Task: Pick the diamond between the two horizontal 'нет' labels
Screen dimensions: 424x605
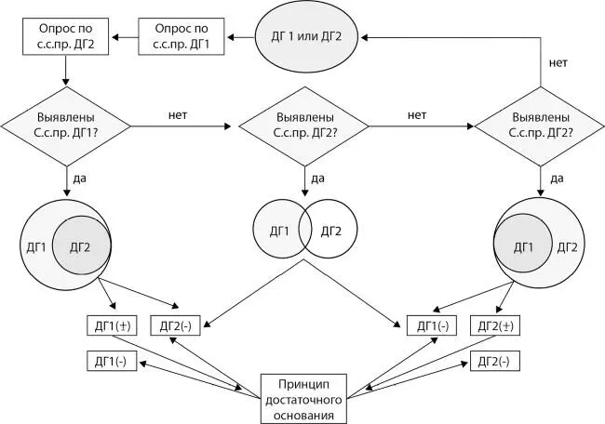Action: point(303,124)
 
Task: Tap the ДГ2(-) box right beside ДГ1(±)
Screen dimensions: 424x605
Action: point(176,326)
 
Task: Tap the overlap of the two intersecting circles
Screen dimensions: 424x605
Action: point(304,229)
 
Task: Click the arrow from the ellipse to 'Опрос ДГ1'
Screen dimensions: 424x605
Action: point(241,36)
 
